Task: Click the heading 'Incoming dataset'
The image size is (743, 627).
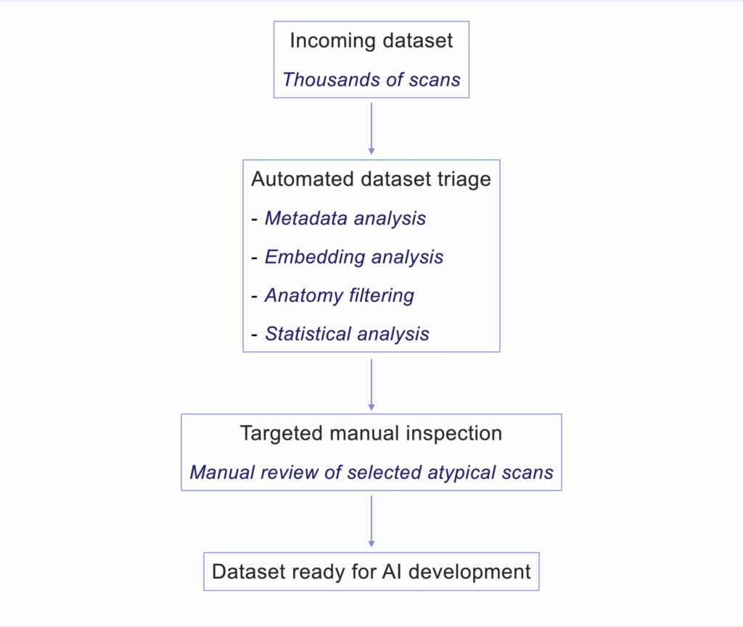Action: point(371,41)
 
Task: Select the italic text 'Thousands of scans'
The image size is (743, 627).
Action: point(371,80)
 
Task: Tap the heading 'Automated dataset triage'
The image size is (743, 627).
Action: point(371,179)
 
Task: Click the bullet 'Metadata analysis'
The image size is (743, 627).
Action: point(345,218)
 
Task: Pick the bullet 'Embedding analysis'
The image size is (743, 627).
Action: point(354,257)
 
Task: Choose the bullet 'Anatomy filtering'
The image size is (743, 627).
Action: point(340,295)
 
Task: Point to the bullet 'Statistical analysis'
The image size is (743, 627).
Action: point(347,334)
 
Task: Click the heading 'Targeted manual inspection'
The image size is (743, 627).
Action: point(371,434)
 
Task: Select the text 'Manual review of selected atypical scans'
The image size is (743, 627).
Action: point(371,472)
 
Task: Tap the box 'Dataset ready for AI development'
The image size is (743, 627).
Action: point(371,572)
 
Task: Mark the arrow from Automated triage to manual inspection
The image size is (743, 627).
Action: point(371,383)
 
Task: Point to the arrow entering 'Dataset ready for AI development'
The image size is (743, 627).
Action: point(371,521)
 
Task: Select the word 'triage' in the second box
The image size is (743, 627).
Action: point(464,179)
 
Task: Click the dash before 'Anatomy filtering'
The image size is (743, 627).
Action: point(255,296)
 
